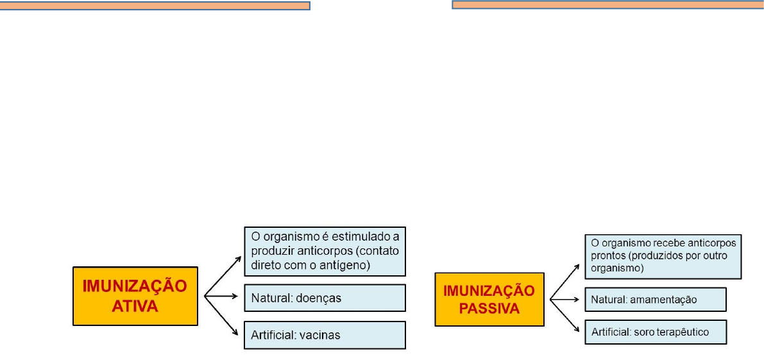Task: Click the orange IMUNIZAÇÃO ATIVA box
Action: pos(135,296)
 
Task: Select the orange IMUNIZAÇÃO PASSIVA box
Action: pos(489,298)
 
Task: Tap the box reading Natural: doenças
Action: pos(325,298)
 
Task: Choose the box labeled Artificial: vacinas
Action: pos(325,335)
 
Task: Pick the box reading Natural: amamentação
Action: pos(655,299)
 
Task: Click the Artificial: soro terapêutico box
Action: pos(655,332)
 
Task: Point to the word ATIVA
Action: pos(135,307)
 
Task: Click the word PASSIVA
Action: pos(489,308)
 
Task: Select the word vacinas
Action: pos(319,335)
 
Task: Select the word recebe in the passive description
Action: pos(660,244)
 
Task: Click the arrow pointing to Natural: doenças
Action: pos(222,297)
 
